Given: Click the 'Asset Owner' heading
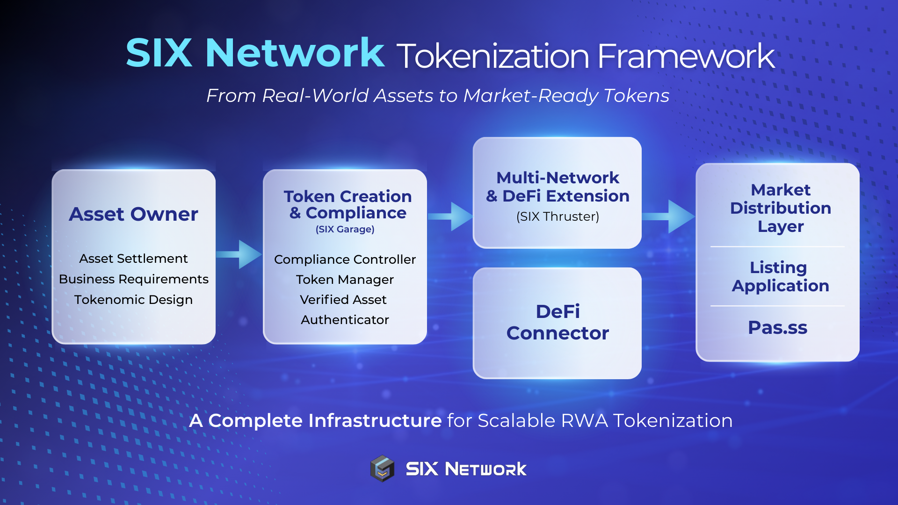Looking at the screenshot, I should click(133, 214).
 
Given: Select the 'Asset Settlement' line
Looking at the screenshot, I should click(133, 259).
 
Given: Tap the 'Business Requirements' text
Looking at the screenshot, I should click(133, 279).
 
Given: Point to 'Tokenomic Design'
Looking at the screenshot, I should click(133, 300).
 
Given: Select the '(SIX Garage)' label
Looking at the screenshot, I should click(345, 229).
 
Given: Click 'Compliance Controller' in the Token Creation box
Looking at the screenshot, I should click(345, 260).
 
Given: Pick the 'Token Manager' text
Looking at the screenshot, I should click(345, 280).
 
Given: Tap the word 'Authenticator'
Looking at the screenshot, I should click(345, 320).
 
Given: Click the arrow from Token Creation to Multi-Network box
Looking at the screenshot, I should click(451, 216).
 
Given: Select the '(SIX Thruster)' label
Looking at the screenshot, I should click(558, 216).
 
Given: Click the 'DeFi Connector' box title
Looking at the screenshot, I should click(558, 322).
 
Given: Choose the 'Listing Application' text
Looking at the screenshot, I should click(780, 276).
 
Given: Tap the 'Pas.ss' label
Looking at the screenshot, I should click(777, 328).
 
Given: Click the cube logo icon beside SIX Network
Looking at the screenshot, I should click(383, 468).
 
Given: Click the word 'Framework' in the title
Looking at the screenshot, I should click(686, 57).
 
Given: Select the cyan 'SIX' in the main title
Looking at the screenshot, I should click(159, 53).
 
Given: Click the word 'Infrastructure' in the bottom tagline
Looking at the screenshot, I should click(375, 421).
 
